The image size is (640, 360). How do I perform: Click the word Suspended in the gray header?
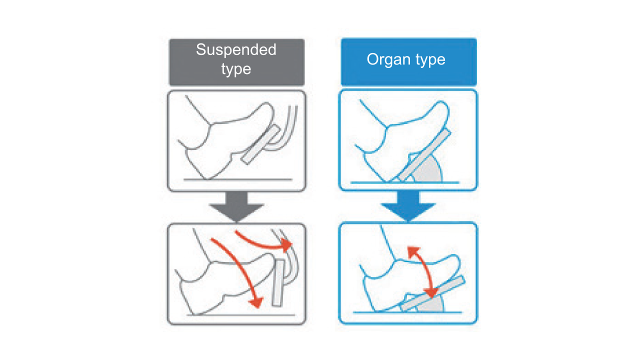[x=236, y=50]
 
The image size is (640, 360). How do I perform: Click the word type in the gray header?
[x=236, y=68]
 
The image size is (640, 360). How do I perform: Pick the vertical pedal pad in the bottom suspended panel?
[x=277, y=282]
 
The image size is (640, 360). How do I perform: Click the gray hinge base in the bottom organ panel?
[x=433, y=304]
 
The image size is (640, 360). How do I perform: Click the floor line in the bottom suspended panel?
[x=235, y=315]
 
